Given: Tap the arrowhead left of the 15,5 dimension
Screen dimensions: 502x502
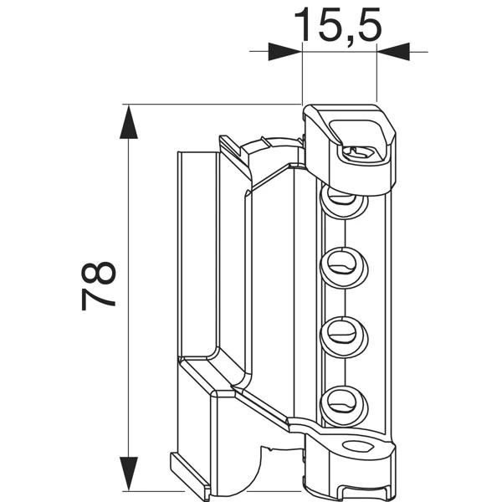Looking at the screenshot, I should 284,52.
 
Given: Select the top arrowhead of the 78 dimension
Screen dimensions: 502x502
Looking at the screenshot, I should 127,121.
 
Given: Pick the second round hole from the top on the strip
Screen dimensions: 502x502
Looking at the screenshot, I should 342,264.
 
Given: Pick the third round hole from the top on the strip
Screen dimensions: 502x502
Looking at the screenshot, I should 342,332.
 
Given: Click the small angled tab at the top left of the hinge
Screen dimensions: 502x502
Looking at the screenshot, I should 231,146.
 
